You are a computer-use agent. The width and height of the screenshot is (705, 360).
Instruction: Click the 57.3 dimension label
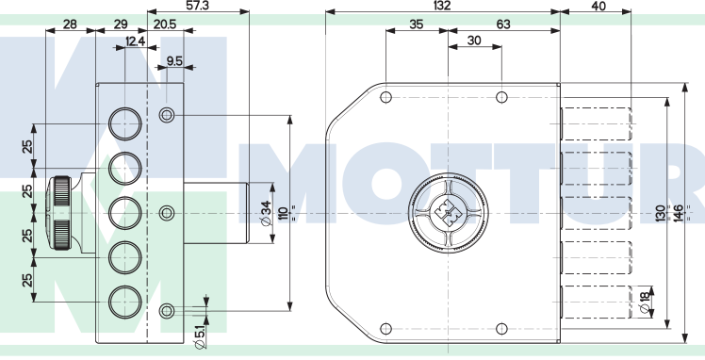pyautogui.click(x=198, y=5)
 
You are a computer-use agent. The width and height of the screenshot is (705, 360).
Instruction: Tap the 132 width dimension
pyautogui.click(x=442, y=5)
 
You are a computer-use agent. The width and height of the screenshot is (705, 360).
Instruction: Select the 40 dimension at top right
pyautogui.click(x=599, y=6)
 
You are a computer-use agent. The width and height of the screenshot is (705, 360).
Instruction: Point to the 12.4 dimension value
pyautogui.click(x=136, y=41)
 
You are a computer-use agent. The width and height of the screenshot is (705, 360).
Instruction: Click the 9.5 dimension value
pyautogui.click(x=174, y=61)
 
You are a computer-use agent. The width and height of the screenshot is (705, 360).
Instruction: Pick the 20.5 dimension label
pyautogui.click(x=165, y=25)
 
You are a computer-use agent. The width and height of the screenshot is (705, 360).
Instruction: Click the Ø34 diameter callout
pyautogui.click(x=266, y=214)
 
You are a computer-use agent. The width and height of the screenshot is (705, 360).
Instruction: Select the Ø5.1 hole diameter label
pyautogui.click(x=201, y=336)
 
